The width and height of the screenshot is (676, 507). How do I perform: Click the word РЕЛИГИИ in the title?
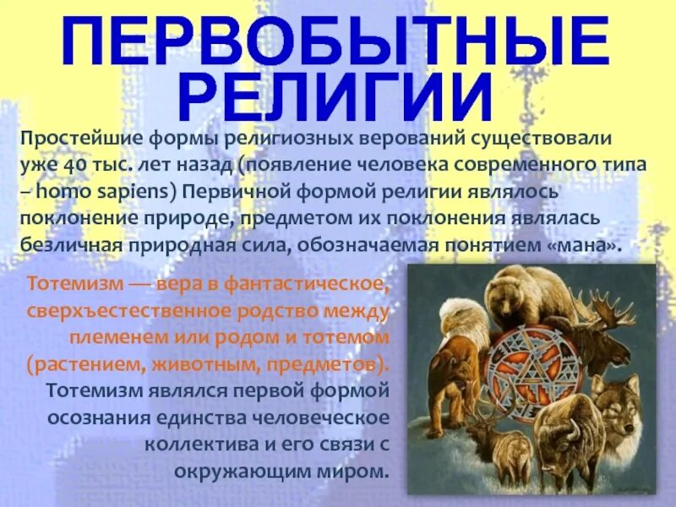pos(337,100)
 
